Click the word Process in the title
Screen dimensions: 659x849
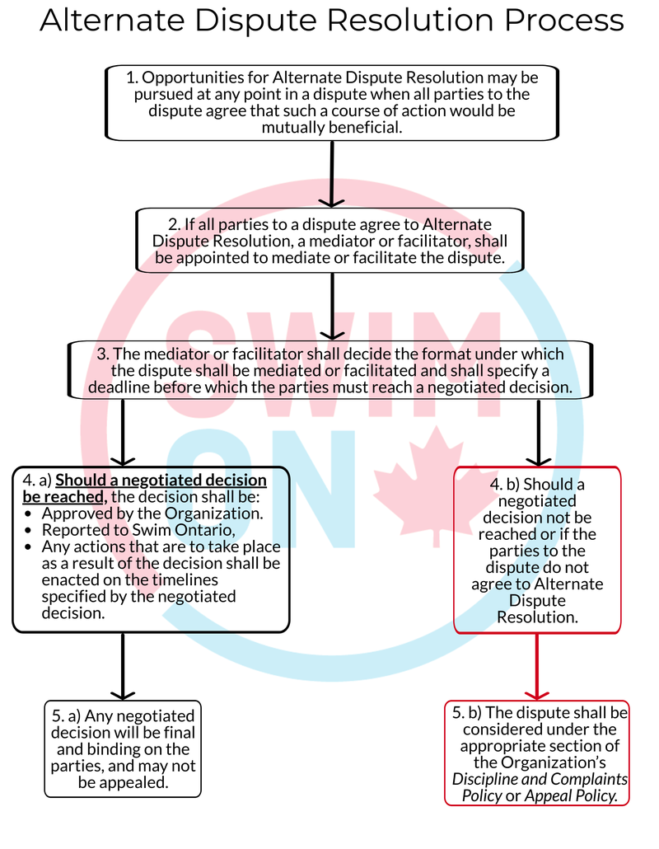pos(564,20)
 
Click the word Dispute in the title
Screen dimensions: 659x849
pos(256,21)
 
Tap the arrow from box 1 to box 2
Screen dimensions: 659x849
pos(332,174)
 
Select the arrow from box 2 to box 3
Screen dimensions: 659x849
pos(332,307)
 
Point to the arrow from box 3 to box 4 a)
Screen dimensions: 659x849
pos(123,433)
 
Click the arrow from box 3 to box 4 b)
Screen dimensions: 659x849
pos(539,433)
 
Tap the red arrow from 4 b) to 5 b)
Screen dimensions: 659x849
pos(537,667)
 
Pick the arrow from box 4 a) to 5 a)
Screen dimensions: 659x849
pos(123,667)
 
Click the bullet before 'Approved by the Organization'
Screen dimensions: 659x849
pos(28,514)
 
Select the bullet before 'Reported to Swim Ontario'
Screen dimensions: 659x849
pos(28,531)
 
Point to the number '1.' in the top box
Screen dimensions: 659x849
pos(132,78)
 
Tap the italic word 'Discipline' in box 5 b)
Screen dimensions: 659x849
pos(485,780)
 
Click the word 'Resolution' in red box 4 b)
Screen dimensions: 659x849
pos(537,617)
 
